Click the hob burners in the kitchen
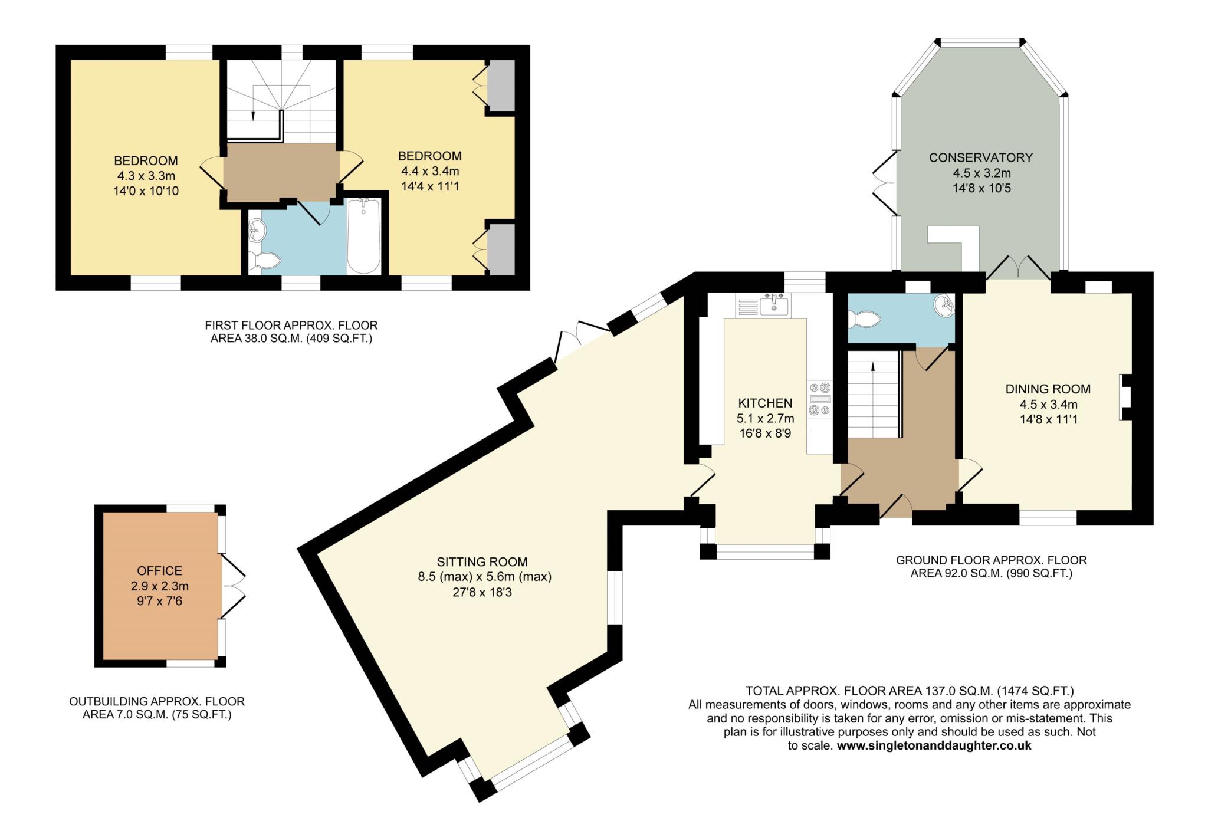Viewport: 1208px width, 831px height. click(x=820, y=399)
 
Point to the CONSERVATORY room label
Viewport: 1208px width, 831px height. click(x=981, y=157)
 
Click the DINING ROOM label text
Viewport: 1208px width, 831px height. click(x=1048, y=389)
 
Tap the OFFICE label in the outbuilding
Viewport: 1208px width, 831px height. click(x=159, y=571)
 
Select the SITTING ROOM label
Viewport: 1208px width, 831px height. click(x=482, y=562)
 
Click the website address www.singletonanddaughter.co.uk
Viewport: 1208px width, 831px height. click(x=934, y=745)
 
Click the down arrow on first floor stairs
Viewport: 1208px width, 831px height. click(x=254, y=116)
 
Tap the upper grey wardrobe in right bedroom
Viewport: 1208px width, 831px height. click(x=501, y=85)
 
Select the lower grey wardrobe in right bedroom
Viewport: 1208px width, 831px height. click(x=501, y=249)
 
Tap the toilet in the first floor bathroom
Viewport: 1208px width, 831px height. click(x=264, y=260)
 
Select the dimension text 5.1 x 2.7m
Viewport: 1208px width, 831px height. click(x=765, y=419)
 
